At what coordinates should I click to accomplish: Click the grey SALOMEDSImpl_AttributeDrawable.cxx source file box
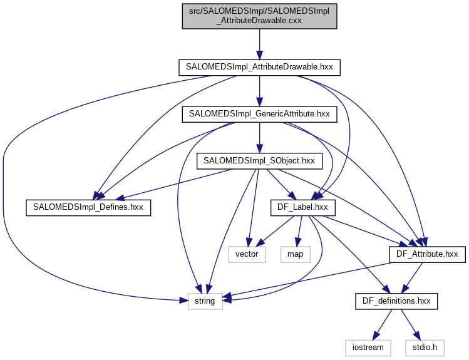259,15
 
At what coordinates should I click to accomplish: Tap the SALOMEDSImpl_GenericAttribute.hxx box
259,114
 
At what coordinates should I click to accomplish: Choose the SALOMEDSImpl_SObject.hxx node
259,160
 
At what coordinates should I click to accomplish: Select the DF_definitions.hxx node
396,301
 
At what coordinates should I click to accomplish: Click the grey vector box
247,254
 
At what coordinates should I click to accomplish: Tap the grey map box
296,254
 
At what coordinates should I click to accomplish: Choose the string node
205,301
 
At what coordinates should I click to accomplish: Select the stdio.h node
425,346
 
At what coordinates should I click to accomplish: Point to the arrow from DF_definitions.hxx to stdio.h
410,324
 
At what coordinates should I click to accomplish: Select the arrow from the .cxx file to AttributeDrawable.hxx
259,44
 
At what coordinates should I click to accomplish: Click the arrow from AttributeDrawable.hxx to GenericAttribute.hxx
259,90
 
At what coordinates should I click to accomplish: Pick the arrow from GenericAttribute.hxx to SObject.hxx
259,137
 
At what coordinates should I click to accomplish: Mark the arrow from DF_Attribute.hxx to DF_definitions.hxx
412,277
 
